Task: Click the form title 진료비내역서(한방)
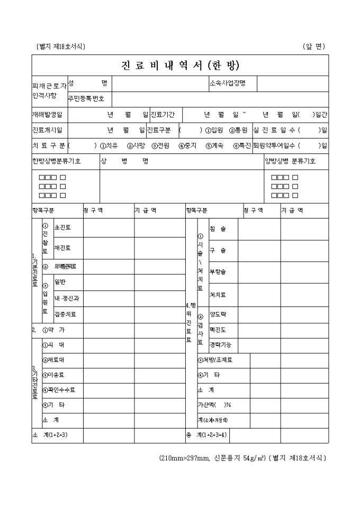click(x=180, y=65)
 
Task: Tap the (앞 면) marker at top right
click(x=313, y=46)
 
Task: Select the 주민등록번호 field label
click(x=86, y=98)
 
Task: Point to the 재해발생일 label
click(x=47, y=114)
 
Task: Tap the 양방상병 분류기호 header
click(x=290, y=161)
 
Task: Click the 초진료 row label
click(x=62, y=227)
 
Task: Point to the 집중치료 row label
click(x=65, y=314)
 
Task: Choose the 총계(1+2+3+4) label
click(x=207, y=435)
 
